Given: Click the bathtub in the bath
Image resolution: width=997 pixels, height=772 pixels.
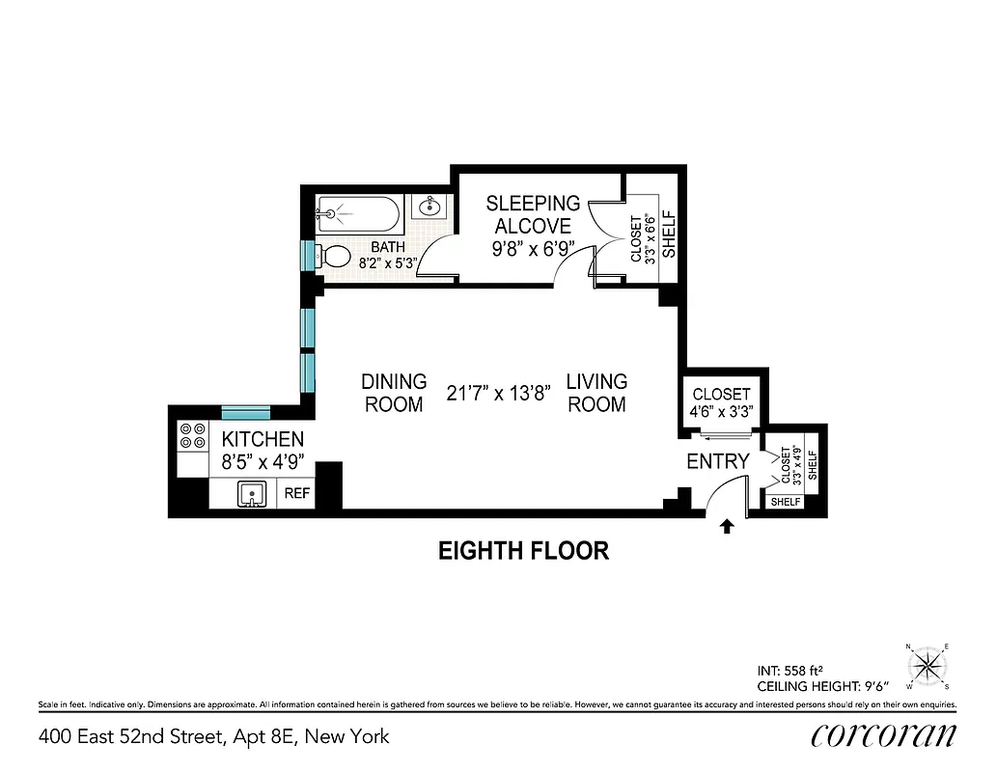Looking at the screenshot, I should pos(356,211).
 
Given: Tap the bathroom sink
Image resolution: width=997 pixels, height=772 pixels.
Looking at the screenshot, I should pos(429,207).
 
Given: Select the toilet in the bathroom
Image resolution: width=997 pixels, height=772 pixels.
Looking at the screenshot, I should pos(334,257).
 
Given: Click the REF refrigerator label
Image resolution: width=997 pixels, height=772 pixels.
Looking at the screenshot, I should pos(296,494).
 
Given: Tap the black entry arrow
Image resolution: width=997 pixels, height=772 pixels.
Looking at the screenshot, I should pos(728,526).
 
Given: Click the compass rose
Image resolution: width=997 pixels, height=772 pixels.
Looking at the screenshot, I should pos(927,665).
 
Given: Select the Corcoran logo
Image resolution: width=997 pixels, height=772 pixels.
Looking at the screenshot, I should pos(883,735).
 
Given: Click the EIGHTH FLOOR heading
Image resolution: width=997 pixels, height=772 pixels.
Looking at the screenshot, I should pos(523,551).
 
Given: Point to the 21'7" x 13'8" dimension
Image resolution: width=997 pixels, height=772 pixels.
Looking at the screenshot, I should pos(498,393).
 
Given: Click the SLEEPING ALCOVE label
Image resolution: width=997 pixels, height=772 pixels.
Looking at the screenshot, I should pos(533,214).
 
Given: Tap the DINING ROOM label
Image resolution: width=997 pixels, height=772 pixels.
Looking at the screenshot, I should pos(393,393).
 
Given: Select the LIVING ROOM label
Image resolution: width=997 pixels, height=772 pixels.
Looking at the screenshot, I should pos(596,393).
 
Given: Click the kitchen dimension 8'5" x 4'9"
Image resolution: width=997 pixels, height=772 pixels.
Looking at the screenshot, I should pos(263,461).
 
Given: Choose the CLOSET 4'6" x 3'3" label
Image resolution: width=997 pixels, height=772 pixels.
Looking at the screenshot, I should pos(721,403).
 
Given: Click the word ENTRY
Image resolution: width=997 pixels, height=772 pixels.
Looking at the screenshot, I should pos(717,462).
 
